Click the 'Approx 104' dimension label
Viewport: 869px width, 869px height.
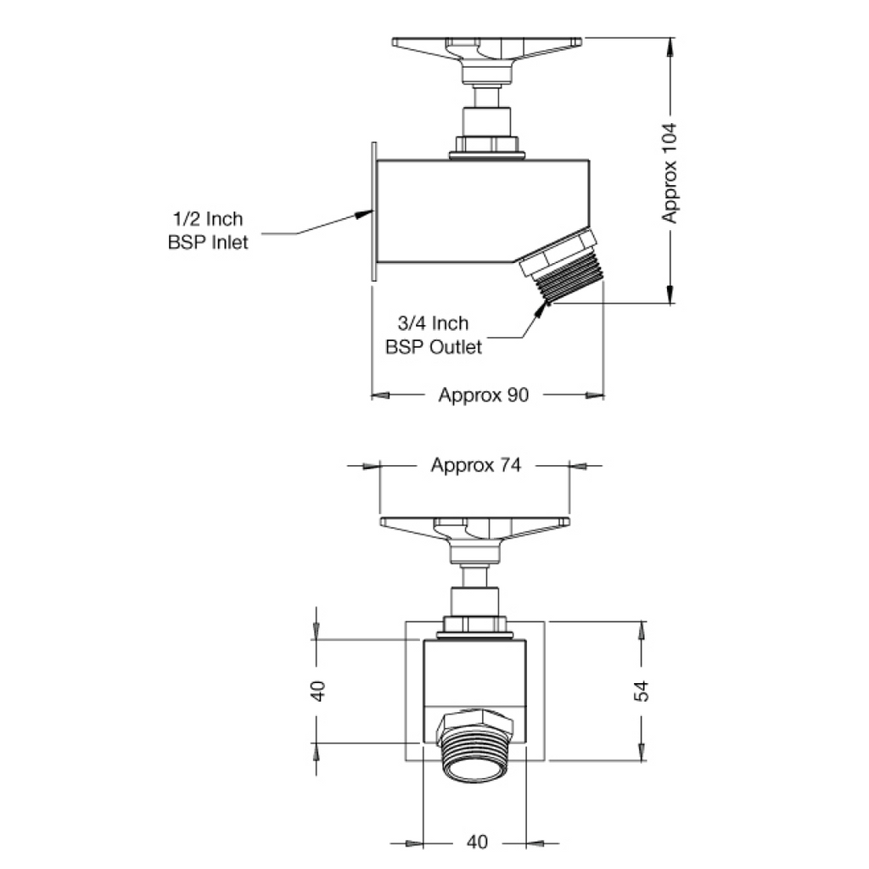tap(670, 173)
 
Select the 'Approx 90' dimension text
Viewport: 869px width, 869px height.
tap(483, 395)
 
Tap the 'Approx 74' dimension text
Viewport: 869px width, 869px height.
tap(475, 465)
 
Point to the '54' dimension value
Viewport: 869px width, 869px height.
tap(642, 690)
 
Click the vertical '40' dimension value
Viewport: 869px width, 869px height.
tap(317, 690)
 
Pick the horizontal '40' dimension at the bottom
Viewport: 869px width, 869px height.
tap(477, 842)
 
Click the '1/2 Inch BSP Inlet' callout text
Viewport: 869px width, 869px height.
tap(207, 231)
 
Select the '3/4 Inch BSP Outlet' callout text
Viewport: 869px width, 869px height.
tap(434, 335)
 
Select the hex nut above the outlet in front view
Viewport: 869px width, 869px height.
tap(476, 721)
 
